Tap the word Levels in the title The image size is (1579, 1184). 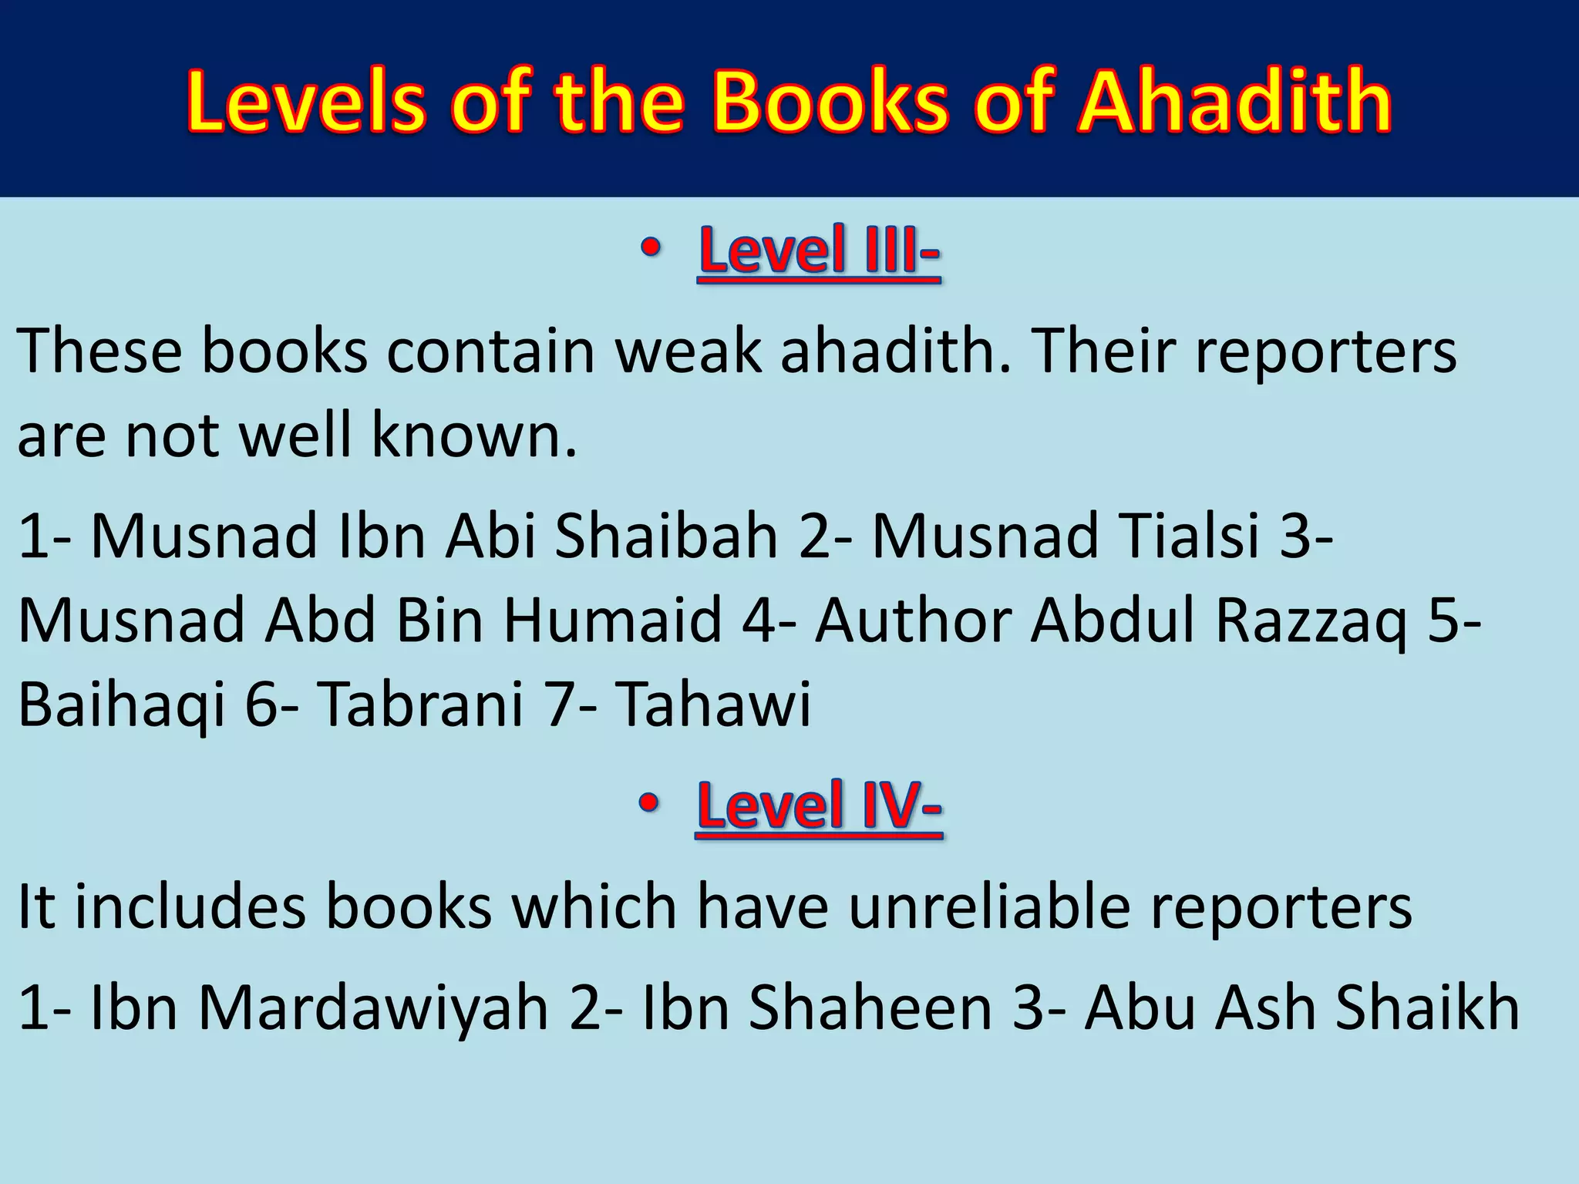click(305, 103)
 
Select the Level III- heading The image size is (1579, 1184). click(819, 251)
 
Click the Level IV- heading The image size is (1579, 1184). click(819, 806)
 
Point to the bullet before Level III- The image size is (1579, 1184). click(651, 249)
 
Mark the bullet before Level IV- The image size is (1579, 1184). click(649, 804)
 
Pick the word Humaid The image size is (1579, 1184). click(613, 621)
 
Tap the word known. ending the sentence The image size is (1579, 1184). click(474, 436)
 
